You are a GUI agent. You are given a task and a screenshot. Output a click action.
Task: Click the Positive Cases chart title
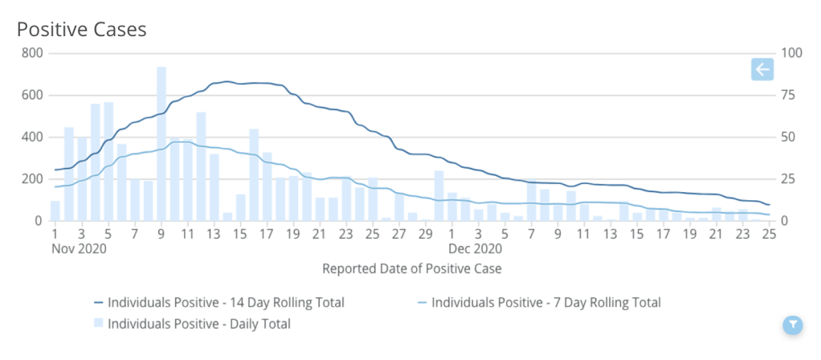[x=82, y=30]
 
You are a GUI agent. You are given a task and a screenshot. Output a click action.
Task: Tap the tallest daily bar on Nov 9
[x=161, y=145]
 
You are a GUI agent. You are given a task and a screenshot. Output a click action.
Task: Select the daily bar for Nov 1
[x=55, y=211]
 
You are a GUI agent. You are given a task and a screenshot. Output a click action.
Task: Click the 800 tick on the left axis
[x=32, y=53]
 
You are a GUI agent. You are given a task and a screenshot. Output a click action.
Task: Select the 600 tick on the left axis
[x=32, y=95]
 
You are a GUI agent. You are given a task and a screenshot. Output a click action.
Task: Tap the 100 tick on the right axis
[x=790, y=53]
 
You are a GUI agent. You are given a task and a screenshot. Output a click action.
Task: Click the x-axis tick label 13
[x=214, y=234]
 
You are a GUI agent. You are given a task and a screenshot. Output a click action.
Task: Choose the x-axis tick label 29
[x=425, y=234]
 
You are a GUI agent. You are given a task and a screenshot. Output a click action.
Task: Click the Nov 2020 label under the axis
[x=78, y=248]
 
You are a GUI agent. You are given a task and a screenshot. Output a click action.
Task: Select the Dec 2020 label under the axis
[x=474, y=248]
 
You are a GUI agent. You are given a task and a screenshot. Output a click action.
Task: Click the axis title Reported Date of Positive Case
[x=411, y=268]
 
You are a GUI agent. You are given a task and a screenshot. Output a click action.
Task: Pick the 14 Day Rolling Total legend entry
[x=219, y=303]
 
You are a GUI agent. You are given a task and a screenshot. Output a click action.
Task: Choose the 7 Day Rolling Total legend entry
[x=538, y=303]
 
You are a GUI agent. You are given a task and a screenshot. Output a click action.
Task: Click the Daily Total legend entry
[x=193, y=324]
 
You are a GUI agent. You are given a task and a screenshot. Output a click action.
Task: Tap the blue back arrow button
[x=762, y=70]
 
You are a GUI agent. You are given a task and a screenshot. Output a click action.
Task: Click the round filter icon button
[x=792, y=325]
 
